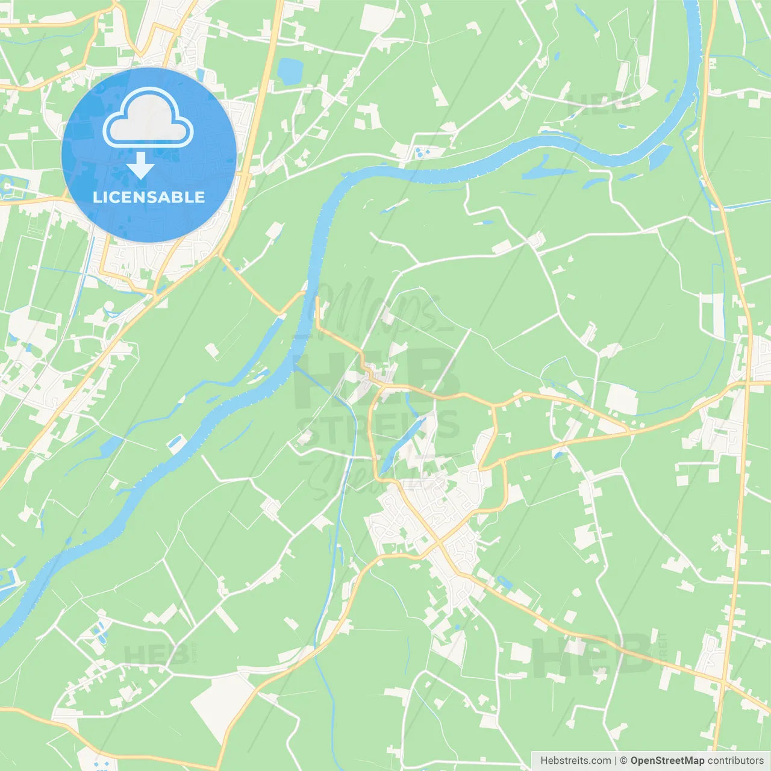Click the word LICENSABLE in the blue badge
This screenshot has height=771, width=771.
pyautogui.click(x=149, y=197)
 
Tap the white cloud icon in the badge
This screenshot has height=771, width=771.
pyautogui.click(x=148, y=119)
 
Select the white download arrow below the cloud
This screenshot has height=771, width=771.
pyautogui.click(x=140, y=165)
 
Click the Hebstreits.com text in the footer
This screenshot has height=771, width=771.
pyautogui.click(x=575, y=761)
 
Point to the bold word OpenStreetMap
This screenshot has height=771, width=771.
pyautogui.click(x=667, y=761)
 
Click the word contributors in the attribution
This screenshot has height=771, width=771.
pyautogui.click(x=735, y=761)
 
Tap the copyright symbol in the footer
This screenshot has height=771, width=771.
pyautogui.click(x=623, y=761)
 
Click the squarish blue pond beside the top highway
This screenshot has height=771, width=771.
pyautogui.click(x=289, y=71)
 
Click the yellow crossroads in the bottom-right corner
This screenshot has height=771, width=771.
pyautogui.click(x=722, y=682)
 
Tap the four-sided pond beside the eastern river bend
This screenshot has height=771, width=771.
pyautogui.click(x=660, y=157)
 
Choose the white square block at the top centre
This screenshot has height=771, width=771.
pyautogui.click(x=375, y=18)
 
